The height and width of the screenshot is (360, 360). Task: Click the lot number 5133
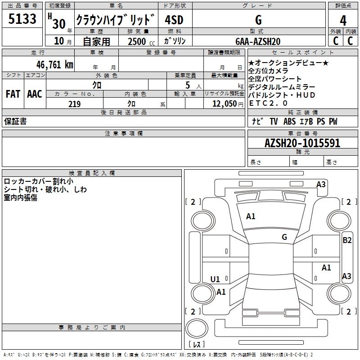(22, 19)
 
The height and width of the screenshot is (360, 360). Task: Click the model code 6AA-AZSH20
(257, 41)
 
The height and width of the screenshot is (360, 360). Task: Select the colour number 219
(74, 104)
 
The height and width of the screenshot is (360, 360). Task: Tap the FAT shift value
(13, 94)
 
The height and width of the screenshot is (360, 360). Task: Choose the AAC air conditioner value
(35, 94)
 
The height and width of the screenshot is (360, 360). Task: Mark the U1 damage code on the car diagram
(216, 279)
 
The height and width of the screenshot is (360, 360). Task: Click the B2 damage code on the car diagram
(347, 240)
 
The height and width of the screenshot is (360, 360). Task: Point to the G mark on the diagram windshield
(284, 237)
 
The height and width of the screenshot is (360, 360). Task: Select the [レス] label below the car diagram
(196, 345)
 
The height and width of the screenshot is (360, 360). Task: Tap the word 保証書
(15, 121)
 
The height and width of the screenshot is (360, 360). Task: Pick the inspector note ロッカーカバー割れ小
(38, 181)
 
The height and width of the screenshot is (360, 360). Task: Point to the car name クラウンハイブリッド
(116, 20)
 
